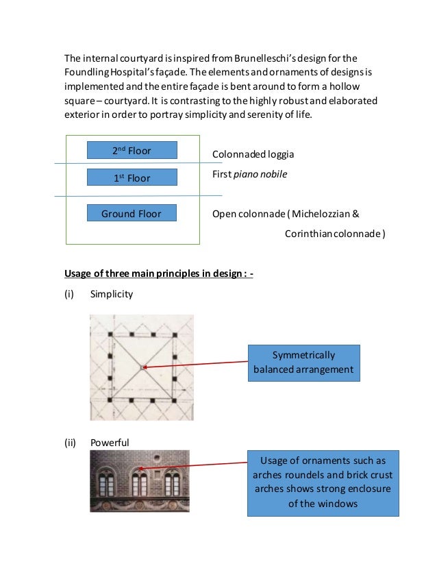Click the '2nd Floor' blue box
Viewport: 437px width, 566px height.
[132, 150]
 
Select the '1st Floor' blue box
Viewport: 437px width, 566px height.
[132, 178]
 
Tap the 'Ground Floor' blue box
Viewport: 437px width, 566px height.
[132, 213]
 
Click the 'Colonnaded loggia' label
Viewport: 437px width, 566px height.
[253, 155]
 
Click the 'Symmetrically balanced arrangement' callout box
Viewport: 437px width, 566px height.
[303, 362]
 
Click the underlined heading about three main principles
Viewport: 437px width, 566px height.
[159, 273]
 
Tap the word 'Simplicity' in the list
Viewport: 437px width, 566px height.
[112, 294]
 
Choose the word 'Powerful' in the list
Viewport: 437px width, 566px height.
[110, 443]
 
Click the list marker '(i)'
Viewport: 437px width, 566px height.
[68, 294]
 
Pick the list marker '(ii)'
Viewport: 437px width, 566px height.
[70, 443]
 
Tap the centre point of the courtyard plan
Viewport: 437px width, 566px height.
[142, 368]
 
